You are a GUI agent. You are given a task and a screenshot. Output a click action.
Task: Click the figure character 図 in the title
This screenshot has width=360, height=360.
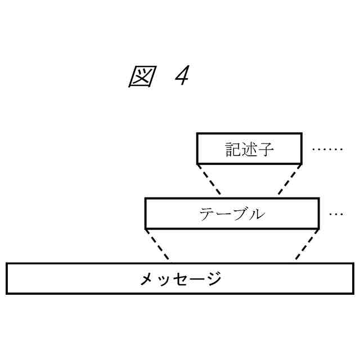coord(141,77)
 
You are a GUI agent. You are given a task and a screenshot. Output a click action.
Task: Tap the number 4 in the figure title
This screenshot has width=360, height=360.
coord(181,77)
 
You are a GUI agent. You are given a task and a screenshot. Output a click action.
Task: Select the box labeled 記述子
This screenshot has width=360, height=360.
coord(249,148)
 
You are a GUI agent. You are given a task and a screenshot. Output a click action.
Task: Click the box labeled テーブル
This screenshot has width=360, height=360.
coord(232,214)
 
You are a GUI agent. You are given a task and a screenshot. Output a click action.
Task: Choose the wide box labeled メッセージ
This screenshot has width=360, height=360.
coord(180,278)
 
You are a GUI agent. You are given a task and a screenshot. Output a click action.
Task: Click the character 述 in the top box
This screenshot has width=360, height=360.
coord(249,149)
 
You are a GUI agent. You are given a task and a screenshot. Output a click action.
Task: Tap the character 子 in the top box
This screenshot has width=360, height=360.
coord(266,149)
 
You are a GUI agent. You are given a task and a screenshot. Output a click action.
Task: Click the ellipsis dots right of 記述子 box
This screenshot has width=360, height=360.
coord(327,149)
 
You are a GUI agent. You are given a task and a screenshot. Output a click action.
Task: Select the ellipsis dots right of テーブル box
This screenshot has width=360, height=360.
coord(336,214)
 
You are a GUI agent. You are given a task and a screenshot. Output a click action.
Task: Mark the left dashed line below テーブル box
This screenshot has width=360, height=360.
coord(157,245)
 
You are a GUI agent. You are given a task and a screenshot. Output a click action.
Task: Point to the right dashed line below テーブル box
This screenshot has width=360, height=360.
coord(307,245)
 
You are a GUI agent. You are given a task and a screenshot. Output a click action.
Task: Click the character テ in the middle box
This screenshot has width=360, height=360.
coord(206,214)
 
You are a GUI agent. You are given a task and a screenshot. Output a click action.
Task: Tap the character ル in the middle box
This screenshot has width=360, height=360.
coord(256,214)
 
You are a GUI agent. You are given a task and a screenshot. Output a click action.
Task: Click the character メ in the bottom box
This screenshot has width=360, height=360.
coord(147,279)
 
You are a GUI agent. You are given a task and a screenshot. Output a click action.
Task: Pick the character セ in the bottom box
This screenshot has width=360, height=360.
coord(181,279)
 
